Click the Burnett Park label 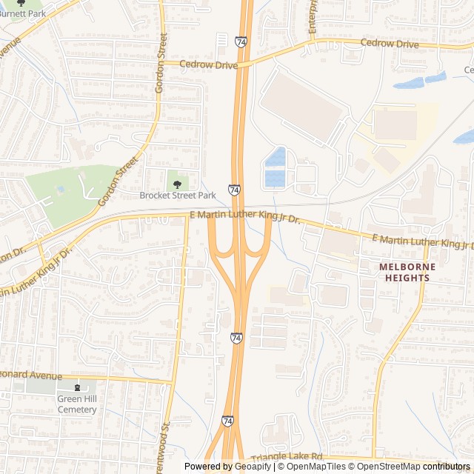(x=21, y=13)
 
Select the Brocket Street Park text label (x=177, y=196)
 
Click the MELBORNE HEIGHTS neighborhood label (x=404, y=272)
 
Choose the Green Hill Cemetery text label (x=77, y=404)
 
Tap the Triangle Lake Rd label (x=287, y=458)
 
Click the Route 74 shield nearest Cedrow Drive (x=241, y=42)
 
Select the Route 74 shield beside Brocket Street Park (x=234, y=190)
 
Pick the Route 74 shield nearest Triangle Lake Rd (x=227, y=420)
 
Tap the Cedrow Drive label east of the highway (x=389, y=44)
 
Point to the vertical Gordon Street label (x=161, y=62)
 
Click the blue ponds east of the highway (x=275, y=167)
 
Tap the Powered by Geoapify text (x=228, y=467)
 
